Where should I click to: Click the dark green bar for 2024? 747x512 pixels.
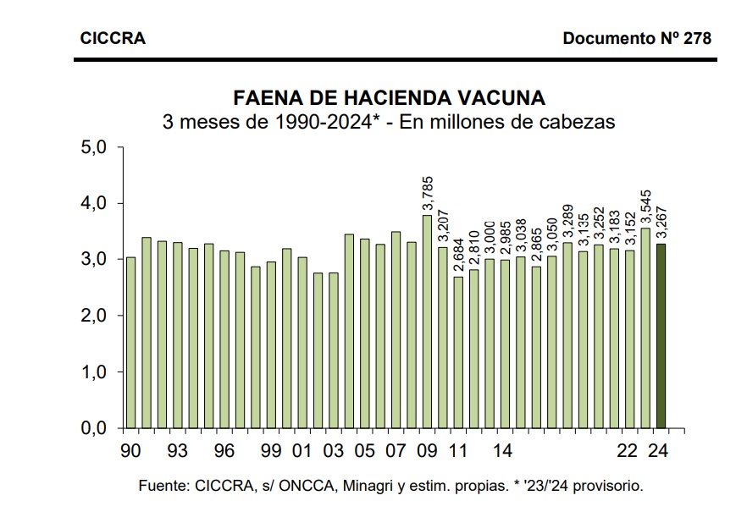point(661,336)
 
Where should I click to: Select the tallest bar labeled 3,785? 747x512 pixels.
point(427,322)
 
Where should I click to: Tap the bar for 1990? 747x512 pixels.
point(131,343)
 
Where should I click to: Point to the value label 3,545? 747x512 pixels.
point(646,207)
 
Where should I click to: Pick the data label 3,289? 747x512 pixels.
point(567,223)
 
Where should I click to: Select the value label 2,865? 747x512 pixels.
point(536,246)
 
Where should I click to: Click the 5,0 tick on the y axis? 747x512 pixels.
point(93,147)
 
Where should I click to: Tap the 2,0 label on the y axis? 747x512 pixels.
point(93,316)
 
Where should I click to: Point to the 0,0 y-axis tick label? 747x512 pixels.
point(93,427)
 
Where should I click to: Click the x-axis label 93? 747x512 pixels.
point(178,450)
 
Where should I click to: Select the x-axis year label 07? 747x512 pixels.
point(396,450)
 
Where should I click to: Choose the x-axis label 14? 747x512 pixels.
point(502,450)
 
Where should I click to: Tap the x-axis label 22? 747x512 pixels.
point(627,450)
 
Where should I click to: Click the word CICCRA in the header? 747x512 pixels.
point(113,38)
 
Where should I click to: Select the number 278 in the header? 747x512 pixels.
point(698,38)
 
